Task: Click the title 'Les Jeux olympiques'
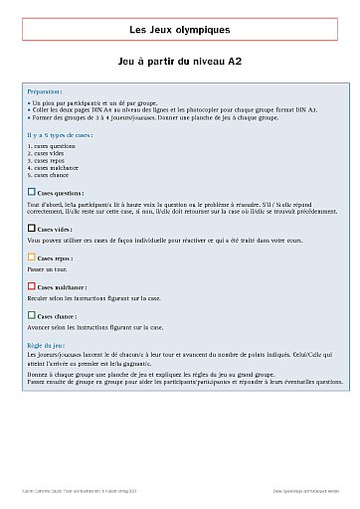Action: click(x=179, y=30)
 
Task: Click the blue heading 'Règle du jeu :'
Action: click(x=48, y=343)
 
